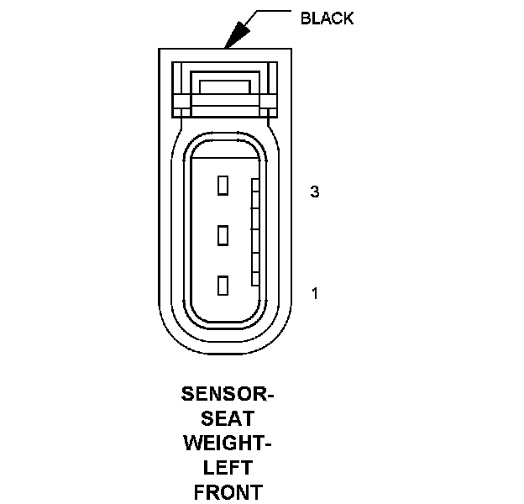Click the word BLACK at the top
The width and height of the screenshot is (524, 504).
[327, 18]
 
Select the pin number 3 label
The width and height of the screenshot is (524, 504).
[315, 192]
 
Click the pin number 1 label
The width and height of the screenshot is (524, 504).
[315, 293]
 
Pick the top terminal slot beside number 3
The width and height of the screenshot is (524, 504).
[223, 185]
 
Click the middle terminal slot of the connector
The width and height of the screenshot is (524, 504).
[223, 235]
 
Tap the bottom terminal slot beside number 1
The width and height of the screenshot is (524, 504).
[223, 286]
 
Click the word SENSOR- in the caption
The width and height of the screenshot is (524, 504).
[228, 393]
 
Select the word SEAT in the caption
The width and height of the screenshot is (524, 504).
[228, 417]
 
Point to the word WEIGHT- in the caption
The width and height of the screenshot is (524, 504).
[228, 442]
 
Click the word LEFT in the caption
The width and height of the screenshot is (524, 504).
[228, 466]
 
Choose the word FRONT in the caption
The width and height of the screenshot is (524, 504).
[228, 491]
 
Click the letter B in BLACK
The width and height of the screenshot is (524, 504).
[305, 18]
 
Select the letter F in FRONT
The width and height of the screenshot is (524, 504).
[199, 491]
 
